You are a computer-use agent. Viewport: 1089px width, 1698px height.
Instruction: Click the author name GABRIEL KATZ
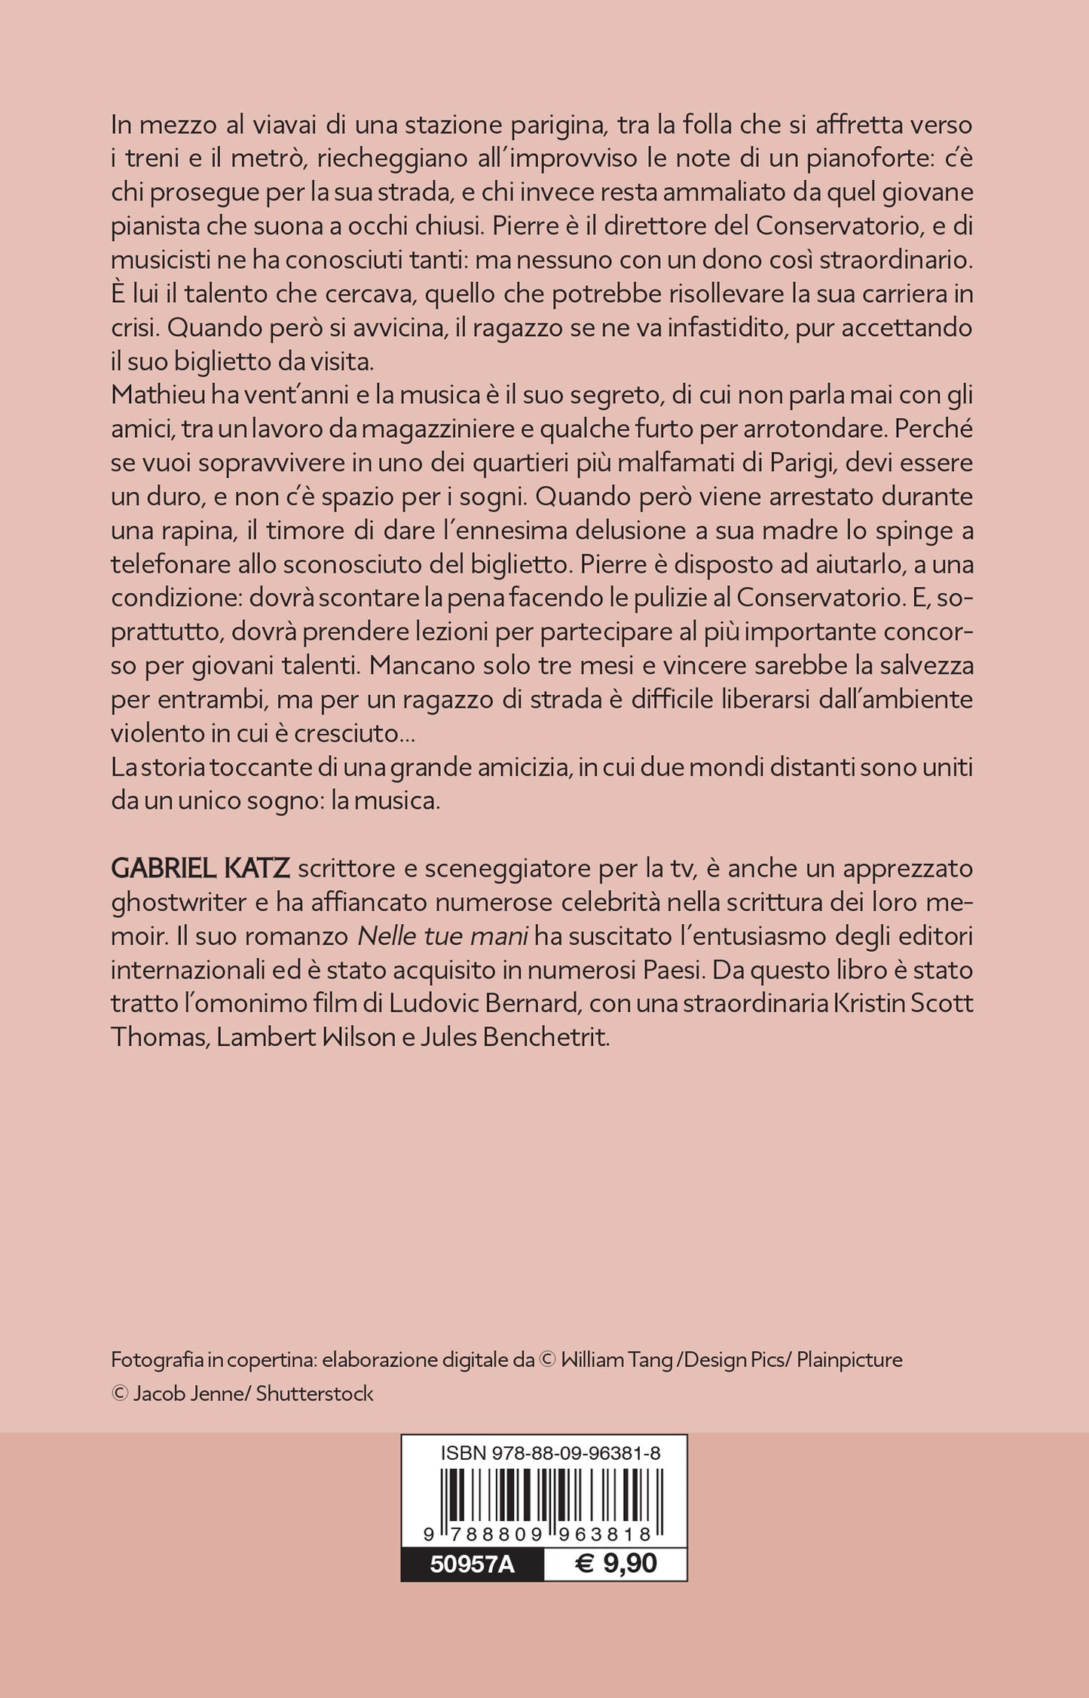point(200,868)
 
